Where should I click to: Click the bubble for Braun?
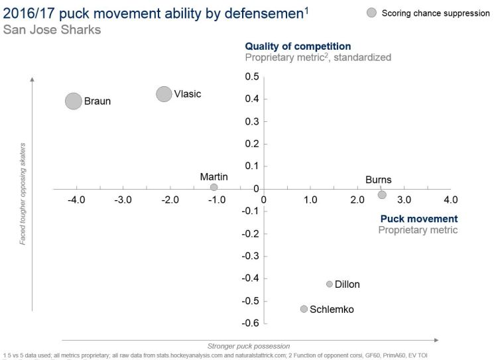coord(74,101)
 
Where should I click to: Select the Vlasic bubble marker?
coord(164,94)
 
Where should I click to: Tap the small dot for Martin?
coord(214,188)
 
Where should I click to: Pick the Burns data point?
coord(382,194)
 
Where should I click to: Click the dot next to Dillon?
coord(329,284)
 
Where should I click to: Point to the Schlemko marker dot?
coord(304,309)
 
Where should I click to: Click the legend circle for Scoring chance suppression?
coord(371,13)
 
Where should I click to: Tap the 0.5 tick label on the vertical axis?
coord(252,77)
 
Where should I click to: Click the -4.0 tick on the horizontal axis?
coord(77,200)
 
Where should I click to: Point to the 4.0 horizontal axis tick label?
coord(450,200)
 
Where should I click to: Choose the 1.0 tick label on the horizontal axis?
coord(310,200)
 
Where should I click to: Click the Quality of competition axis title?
coord(298,46)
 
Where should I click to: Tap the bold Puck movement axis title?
coord(419,219)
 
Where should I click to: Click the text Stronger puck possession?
coord(249,345)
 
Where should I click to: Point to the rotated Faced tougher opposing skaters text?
coord(22,193)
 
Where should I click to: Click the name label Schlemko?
coord(332,310)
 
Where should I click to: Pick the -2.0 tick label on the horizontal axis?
coord(170,200)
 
